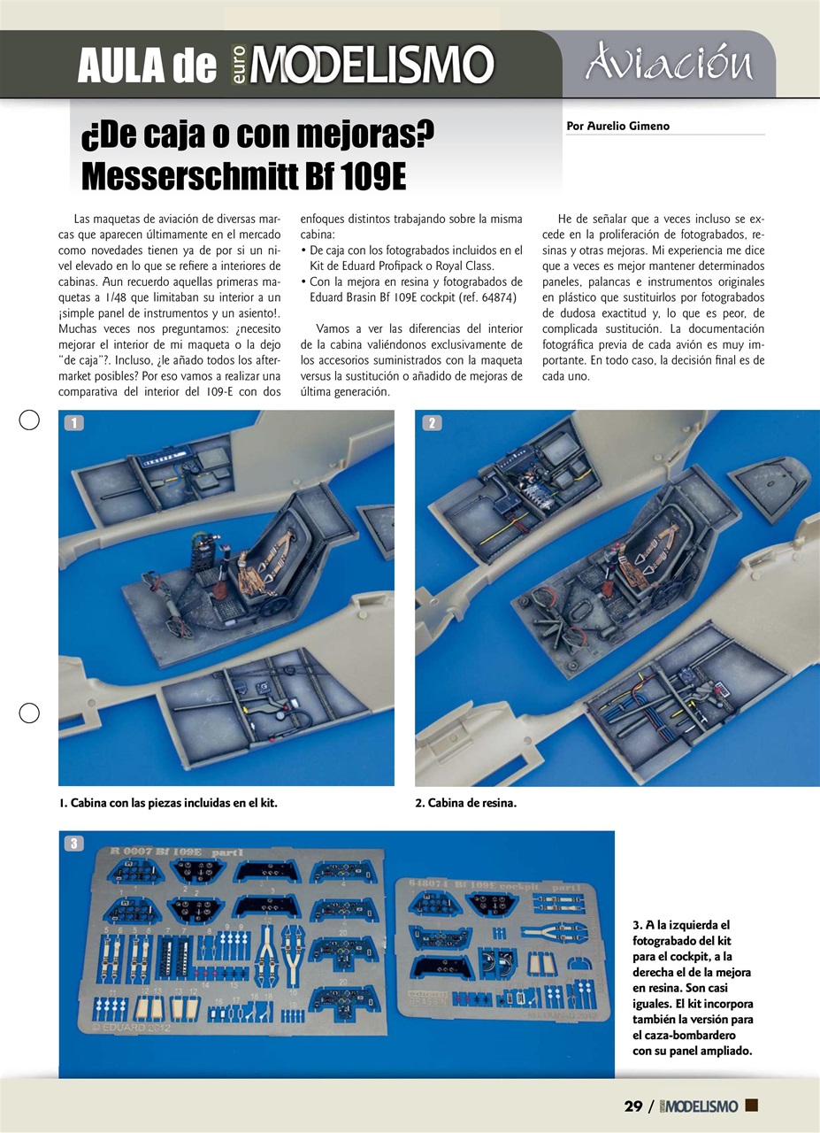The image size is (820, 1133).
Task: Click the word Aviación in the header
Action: pyautogui.click(x=667, y=64)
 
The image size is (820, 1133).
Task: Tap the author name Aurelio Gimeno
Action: pyautogui.click(x=617, y=126)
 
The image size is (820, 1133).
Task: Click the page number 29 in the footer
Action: pyautogui.click(x=632, y=1106)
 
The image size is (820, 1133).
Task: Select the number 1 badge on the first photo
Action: pyautogui.click(x=74, y=423)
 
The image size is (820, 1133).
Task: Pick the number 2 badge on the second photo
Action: pyautogui.click(x=431, y=423)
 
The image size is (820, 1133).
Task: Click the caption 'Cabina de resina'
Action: pyautogui.click(x=465, y=803)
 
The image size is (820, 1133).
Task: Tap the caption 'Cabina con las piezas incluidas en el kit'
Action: pyautogui.click(x=168, y=803)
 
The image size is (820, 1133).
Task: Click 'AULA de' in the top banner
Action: pyautogui.click(x=146, y=66)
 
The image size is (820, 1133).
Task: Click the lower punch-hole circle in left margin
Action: pyautogui.click(x=29, y=713)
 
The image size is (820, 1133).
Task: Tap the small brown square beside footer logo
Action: pyautogui.click(x=752, y=1105)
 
